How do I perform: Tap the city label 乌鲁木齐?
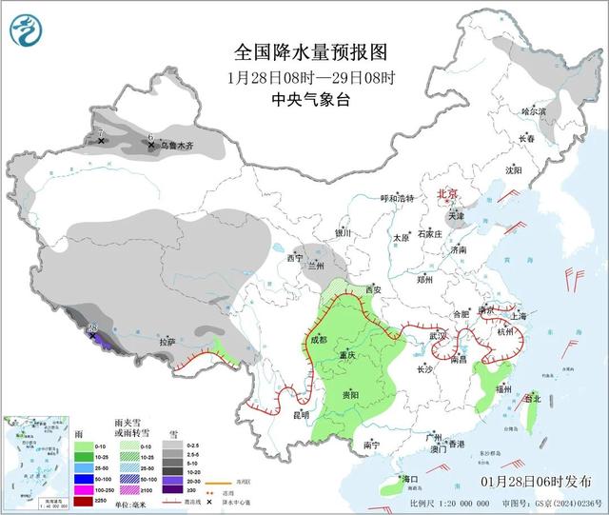[176, 146]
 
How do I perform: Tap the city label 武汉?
[438, 336]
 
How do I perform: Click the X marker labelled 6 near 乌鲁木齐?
[151, 146]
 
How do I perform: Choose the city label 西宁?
[294, 258]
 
